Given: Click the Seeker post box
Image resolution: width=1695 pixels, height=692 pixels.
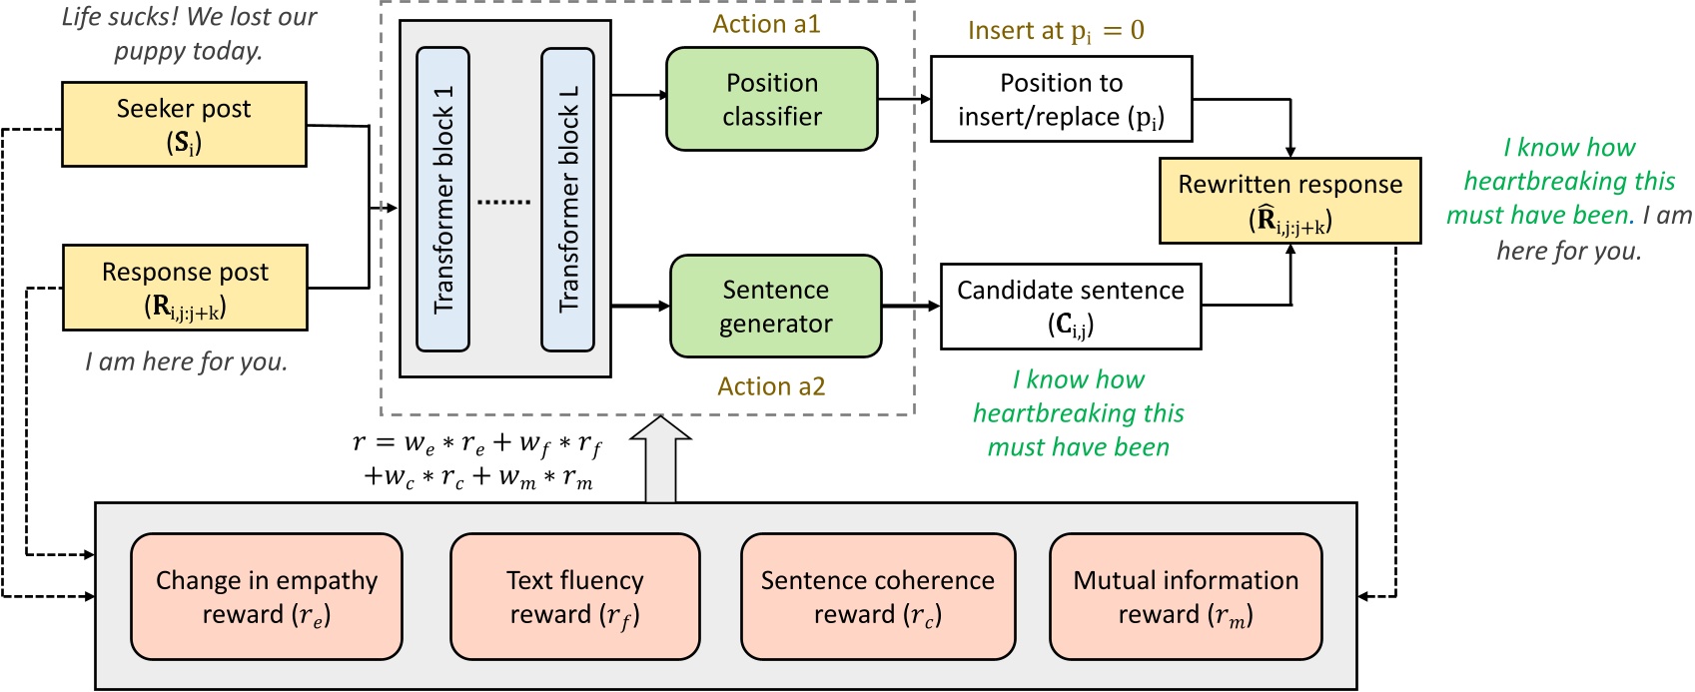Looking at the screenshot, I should tap(184, 124).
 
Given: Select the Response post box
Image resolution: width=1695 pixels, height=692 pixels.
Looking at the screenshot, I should tap(185, 288).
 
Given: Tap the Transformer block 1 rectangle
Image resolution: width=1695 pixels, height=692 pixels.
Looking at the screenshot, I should tap(442, 200).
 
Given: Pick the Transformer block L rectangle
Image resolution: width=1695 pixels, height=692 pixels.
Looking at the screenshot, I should tap(567, 200).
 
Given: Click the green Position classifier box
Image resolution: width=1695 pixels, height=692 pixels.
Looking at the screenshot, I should tap(772, 99).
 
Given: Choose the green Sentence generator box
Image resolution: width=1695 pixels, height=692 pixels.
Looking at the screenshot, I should tap(775, 306).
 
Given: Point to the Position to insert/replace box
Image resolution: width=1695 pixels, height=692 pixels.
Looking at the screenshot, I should tap(1061, 99).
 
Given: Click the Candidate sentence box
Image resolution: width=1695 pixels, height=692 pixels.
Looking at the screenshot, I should tap(1070, 306).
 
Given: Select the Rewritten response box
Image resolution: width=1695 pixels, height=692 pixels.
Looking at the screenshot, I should tap(1289, 200).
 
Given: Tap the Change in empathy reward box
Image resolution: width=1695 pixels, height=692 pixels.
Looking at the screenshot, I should tap(267, 596).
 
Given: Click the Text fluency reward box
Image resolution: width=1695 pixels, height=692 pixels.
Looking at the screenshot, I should tap(574, 596).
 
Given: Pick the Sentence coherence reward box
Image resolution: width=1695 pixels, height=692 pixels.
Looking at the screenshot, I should tap(877, 596).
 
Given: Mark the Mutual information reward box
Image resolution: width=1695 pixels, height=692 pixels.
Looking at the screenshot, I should tap(1186, 596).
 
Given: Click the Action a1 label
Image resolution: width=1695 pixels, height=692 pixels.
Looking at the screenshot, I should tap(766, 25).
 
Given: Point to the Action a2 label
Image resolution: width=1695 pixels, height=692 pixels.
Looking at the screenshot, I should tap(771, 386).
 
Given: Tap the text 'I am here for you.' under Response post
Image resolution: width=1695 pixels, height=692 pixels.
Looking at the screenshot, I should tap(187, 361).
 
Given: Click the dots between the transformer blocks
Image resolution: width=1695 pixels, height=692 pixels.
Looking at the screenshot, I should tap(504, 202).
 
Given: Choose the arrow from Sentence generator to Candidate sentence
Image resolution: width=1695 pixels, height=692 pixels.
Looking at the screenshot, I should tap(910, 306).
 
